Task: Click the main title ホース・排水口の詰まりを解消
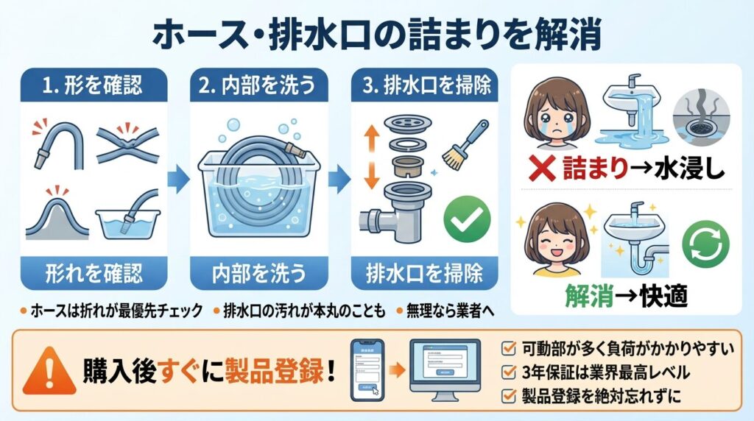point(376,32)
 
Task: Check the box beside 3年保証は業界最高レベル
point(508,372)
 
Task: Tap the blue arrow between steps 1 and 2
point(175,179)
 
